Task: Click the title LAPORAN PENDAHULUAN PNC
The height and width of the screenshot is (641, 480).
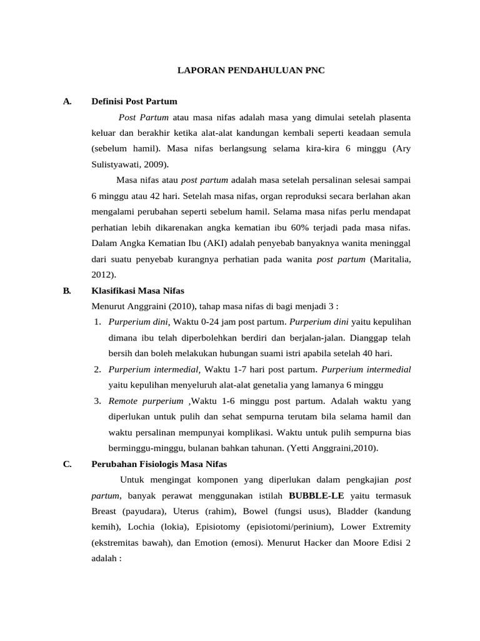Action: point(251,71)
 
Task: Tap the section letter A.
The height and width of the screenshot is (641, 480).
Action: point(67,101)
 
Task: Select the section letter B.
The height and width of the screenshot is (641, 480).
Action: point(67,290)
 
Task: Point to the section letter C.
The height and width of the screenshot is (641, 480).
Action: point(67,464)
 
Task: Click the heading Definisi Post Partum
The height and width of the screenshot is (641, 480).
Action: point(134,101)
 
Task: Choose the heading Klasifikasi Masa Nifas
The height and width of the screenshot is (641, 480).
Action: point(137,290)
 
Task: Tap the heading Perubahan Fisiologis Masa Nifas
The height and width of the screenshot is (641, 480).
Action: point(159,464)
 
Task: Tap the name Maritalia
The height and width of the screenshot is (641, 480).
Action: point(391,259)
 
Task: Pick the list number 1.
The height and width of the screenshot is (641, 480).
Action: point(98,322)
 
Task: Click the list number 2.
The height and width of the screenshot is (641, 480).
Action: point(98,369)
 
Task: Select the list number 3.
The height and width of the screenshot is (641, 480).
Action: point(98,401)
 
